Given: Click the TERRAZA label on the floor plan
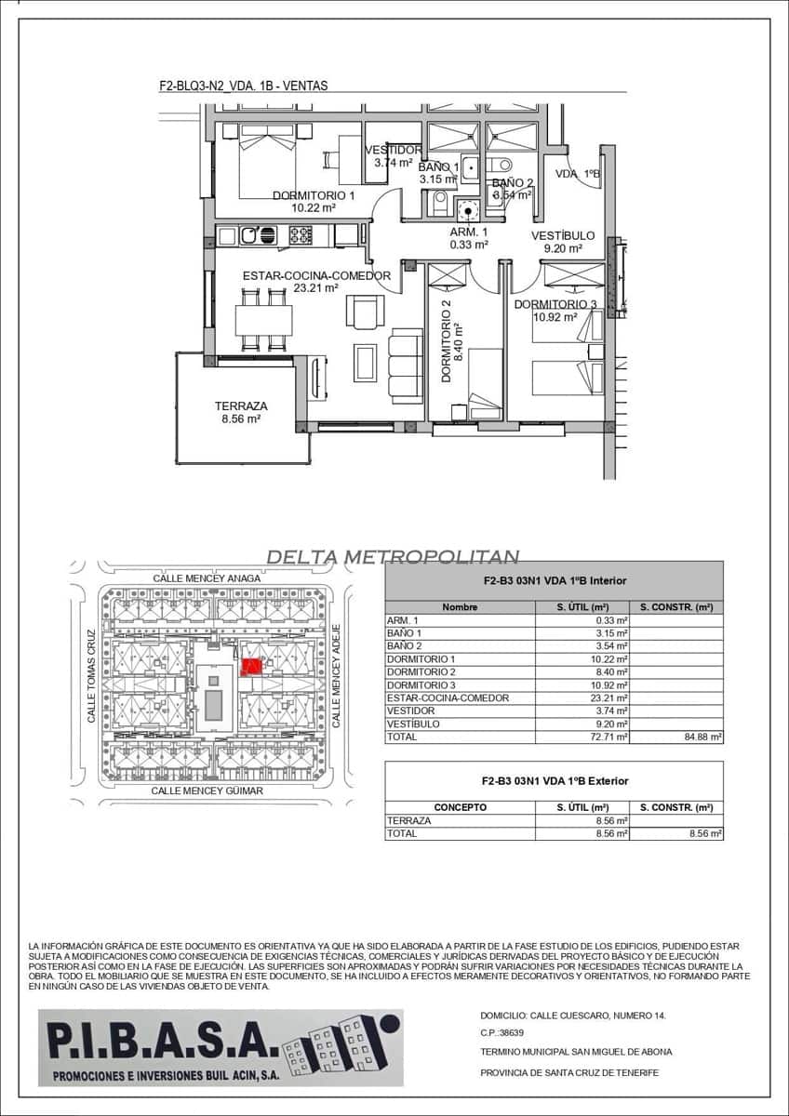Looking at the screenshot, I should [241, 406].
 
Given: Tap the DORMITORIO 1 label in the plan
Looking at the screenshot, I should [314, 195].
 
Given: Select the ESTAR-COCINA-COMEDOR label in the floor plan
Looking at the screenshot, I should [316, 276].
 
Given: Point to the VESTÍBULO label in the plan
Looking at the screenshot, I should [563, 236].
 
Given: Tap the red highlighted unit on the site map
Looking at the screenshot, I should [250, 666].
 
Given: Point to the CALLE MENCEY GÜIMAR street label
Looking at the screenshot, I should [207, 790].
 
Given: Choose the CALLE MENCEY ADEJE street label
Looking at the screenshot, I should [337, 675].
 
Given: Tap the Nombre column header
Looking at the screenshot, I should [460, 607].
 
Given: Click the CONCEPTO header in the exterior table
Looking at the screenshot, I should [460, 807].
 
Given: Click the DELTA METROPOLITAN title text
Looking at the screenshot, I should [392, 557].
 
